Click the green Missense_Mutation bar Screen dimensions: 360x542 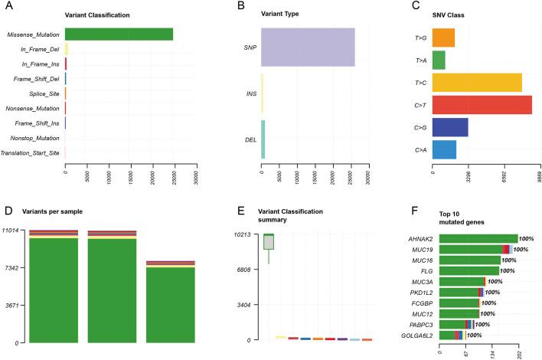coord(119,34)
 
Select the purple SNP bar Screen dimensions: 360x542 coord(308,47)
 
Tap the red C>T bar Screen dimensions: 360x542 coord(482,104)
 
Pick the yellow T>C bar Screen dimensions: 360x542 coord(477,82)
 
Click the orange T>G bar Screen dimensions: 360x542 coord(443,38)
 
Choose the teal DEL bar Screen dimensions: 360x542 coord(263,139)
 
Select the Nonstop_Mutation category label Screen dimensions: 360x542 coord(36,139)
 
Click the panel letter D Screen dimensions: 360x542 coord(8,211)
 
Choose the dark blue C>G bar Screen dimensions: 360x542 coord(450,127)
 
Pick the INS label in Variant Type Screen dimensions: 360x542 coord(250,95)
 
